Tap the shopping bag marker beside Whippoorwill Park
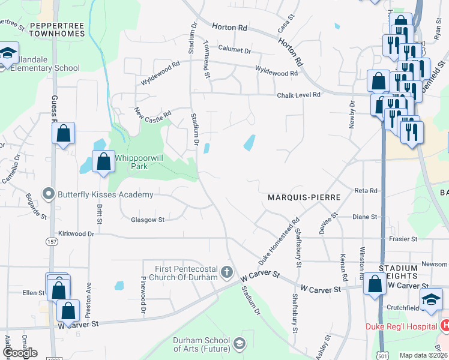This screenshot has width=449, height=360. point(104,161)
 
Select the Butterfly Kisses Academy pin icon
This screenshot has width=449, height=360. point(49,194)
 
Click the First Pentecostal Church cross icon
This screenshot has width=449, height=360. point(227,272)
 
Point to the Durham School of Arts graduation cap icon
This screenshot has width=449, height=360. point(239,343)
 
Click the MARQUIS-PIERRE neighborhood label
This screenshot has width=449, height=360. point(304,197)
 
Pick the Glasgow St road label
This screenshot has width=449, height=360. point(148,220)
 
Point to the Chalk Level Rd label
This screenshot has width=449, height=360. point(298,95)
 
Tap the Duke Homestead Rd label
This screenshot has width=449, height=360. point(279,242)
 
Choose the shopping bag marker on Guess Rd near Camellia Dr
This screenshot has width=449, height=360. point(64,133)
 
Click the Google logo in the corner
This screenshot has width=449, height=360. point(19,353)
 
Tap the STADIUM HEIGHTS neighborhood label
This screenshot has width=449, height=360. point(397,271)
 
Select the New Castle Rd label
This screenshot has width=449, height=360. point(153,113)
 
